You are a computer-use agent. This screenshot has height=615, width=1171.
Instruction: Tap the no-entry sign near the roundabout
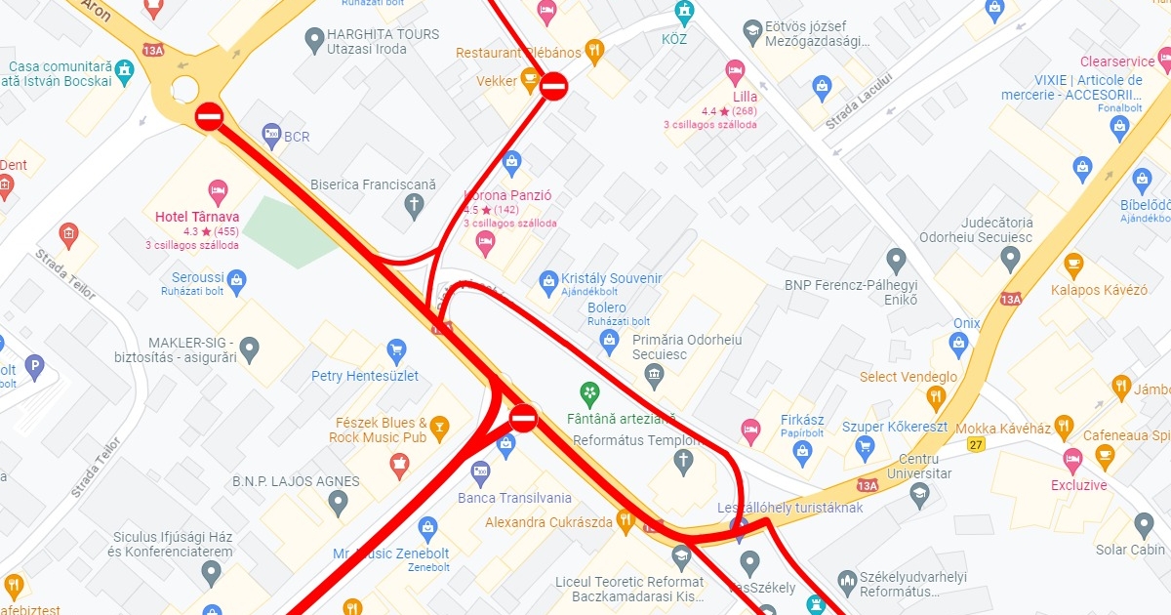click(x=209, y=117)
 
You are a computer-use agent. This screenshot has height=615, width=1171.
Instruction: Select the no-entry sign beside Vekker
click(x=553, y=86)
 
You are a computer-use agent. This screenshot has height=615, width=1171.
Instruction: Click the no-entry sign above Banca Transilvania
click(x=523, y=418)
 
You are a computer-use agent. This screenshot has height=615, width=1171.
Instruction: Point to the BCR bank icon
click(x=272, y=133)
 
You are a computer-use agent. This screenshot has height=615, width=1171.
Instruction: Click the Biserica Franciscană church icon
click(x=414, y=205)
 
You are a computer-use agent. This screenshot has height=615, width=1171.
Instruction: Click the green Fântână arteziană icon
click(x=589, y=393)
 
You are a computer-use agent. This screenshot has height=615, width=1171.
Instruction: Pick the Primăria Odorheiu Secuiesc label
click(x=687, y=347)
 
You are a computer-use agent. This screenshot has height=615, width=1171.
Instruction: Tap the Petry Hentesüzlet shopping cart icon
click(x=396, y=349)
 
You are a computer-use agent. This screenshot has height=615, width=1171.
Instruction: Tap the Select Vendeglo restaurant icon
click(x=936, y=396)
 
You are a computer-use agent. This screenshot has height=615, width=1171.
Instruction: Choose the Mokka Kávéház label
click(x=1002, y=429)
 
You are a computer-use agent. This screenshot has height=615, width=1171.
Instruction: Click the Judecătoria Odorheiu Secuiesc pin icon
click(x=1010, y=259)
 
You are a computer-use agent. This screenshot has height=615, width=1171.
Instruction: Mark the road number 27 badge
click(x=975, y=445)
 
